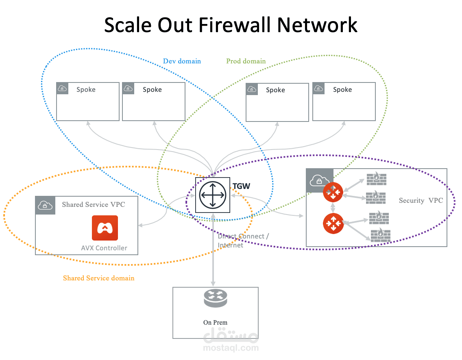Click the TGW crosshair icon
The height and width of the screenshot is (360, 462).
point(213,195)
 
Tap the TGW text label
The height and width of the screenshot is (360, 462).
point(241,187)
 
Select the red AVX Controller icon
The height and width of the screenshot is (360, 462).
point(105,228)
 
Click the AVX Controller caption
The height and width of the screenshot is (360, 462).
point(104,248)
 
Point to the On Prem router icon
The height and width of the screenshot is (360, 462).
point(216,298)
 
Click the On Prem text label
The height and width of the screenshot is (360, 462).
point(216,323)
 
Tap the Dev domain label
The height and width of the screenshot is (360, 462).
point(182,61)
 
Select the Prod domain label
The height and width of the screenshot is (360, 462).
point(246,61)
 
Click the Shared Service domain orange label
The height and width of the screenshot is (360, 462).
point(99,278)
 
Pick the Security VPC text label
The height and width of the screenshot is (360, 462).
point(421,200)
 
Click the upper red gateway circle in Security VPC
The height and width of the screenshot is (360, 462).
point(333,192)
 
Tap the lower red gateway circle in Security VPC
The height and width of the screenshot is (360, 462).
point(333,223)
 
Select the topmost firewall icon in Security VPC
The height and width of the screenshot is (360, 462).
point(377,179)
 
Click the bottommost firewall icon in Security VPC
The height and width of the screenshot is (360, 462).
point(380,236)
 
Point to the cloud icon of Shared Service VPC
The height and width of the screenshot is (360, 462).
point(45,205)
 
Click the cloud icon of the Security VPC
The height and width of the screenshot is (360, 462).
point(319,180)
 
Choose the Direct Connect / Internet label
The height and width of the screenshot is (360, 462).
point(243,241)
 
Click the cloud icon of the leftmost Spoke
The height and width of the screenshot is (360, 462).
point(62,88)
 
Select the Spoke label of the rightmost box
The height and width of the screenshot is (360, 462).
point(342,89)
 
